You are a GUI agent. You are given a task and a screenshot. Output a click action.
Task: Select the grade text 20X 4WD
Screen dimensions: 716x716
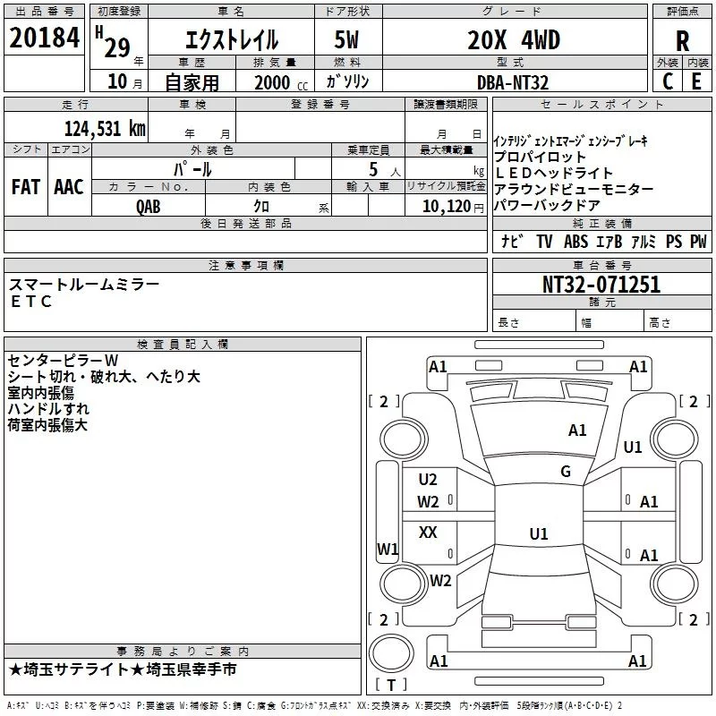pyautogui.click(x=514, y=40)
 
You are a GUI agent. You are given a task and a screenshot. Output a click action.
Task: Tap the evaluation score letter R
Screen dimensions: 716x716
pyautogui.click(x=682, y=40)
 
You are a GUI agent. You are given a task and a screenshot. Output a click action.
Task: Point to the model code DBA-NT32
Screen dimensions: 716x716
pyautogui.click(x=513, y=82)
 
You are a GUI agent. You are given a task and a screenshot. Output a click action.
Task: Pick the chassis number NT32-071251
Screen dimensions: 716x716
pyautogui.click(x=601, y=285)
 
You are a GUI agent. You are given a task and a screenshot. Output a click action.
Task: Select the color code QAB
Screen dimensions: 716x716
pyautogui.click(x=149, y=206)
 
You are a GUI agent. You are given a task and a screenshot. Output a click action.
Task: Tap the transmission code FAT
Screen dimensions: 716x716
pyautogui.click(x=26, y=187)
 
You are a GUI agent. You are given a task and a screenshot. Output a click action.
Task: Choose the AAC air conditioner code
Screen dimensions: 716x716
pyautogui.click(x=68, y=187)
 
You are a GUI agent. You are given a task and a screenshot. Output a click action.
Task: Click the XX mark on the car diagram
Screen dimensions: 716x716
pyautogui.click(x=428, y=533)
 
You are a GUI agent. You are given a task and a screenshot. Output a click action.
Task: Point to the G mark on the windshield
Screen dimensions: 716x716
pyautogui.click(x=565, y=471)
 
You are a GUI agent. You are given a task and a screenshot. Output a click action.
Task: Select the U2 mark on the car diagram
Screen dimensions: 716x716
pyautogui.click(x=428, y=480)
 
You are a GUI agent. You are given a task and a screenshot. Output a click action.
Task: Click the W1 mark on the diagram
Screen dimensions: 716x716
pyautogui.click(x=387, y=548)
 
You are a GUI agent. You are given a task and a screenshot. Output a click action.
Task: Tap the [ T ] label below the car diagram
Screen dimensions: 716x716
pyautogui.click(x=391, y=685)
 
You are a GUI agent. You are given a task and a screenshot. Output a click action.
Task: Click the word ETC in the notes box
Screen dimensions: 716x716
pyautogui.click(x=31, y=302)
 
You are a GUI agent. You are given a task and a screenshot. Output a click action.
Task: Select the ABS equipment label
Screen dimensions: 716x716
pyautogui.click(x=575, y=242)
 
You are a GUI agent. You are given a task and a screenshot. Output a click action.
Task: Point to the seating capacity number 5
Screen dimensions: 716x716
pyautogui.click(x=371, y=169)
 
